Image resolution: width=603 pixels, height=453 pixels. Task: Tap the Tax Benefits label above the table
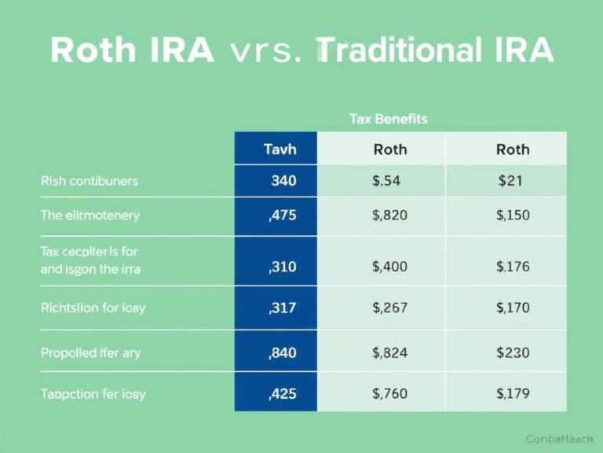pyautogui.click(x=388, y=119)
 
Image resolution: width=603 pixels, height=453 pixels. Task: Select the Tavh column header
pyautogui.click(x=280, y=149)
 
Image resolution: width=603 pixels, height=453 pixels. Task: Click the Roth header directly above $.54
pyautogui.click(x=389, y=149)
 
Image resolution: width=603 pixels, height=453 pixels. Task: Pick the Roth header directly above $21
pyautogui.click(x=513, y=149)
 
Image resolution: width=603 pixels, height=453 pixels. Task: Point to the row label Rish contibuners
pyautogui.click(x=89, y=181)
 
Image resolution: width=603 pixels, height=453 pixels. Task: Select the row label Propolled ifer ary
pyautogui.click(x=90, y=353)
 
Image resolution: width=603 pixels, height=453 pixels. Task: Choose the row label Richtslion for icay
pyautogui.click(x=93, y=308)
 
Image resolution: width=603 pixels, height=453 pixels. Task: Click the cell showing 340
pyautogui.click(x=283, y=181)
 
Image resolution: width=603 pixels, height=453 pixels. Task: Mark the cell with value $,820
pyautogui.click(x=389, y=215)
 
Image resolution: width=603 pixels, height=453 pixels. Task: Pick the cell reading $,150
pyautogui.click(x=513, y=215)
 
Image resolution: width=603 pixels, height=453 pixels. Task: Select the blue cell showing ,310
pyautogui.click(x=282, y=267)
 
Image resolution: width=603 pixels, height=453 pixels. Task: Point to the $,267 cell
pyautogui.click(x=389, y=308)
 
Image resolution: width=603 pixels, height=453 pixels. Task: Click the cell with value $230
pyautogui.click(x=513, y=353)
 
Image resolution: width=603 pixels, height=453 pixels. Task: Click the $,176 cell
pyautogui.click(x=513, y=267)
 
